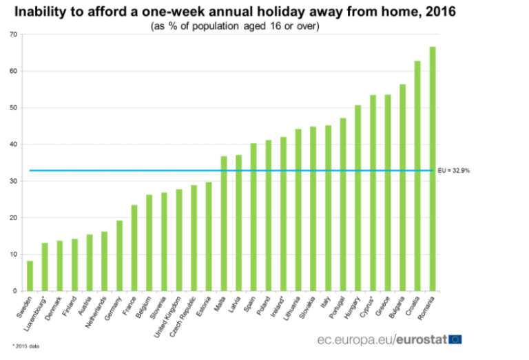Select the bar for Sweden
30,275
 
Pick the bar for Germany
119,255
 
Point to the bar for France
134,248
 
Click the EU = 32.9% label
455,171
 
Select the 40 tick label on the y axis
14,145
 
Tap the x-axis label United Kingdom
171,313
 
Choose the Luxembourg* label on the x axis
38,311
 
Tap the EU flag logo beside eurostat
455,339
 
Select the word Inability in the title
41,12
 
